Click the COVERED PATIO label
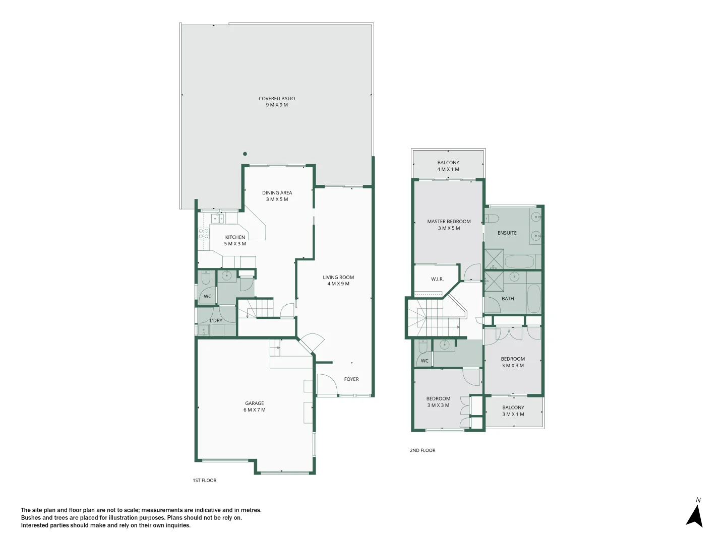click(x=277, y=102)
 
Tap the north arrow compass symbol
click(x=695, y=515)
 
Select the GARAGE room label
click(x=255, y=406)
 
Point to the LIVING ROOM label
click(x=338, y=281)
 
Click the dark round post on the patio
click(x=245, y=154)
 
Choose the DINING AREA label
click(x=277, y=196)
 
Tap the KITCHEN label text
click(x=235, y=240)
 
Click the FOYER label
click(x=351, y=379)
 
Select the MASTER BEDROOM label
click(x=449, y=225)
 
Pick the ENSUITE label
click(x=507, y=233)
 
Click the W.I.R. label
click(x=437, y=279)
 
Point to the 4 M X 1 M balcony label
click(x=448, y=166)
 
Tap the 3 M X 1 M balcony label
click(x=513, y=411)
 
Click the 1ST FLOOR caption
click(x=204, y=481)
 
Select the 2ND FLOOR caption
click(x=422, y=450)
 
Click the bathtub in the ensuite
click(x=519, y=262)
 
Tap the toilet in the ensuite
click(x=492, y=218)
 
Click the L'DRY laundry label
click(x=216, y=320)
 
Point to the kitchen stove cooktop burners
click(x=204, y=233)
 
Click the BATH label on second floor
click(x=508, y=299)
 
